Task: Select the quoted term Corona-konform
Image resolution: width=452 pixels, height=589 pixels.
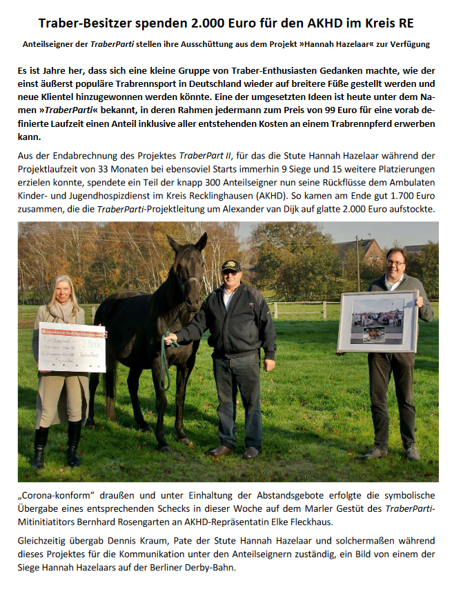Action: [56, 495]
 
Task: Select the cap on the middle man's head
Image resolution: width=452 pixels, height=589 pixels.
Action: [231, 266]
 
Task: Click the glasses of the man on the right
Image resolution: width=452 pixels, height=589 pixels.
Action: [395, 262]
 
